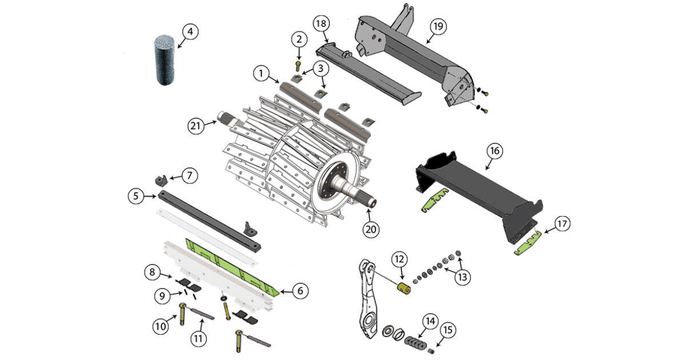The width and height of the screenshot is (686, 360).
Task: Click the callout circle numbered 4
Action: pos(190,32)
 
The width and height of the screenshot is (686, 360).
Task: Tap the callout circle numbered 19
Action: pos(439,26)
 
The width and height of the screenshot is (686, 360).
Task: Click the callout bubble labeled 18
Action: pos(321,25)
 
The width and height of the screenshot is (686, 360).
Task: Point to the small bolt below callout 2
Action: pos(298,64)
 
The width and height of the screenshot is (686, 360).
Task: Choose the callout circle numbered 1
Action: pos(261,73)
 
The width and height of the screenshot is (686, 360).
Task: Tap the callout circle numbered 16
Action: pos(494,151)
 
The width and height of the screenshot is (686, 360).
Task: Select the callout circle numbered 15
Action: pos(448,330)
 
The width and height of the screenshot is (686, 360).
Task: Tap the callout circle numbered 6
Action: pos(299,291)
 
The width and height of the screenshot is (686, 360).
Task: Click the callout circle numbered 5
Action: pos(136,196)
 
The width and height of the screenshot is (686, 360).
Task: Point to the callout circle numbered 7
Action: pos(190,175)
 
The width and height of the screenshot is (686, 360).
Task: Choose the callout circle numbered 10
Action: pos(161,326)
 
